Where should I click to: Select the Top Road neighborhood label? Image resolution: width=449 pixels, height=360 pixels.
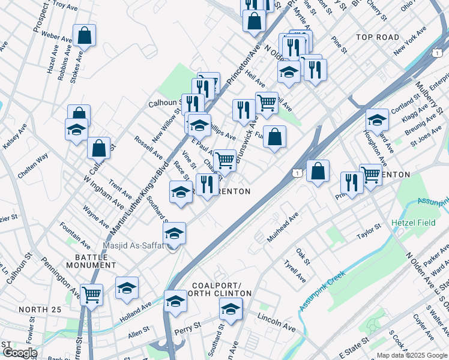(x=378, y=37)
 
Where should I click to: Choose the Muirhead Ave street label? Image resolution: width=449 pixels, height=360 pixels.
(x=283, y=225)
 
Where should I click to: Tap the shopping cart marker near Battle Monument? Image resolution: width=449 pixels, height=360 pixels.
(x=92, y=295)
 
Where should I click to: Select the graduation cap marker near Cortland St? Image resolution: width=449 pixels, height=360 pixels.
(x=377, y=119)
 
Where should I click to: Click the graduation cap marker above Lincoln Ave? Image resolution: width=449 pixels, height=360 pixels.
(x=231, y=309)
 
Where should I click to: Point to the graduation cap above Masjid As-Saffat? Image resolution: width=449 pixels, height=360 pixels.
(x=174, y=233)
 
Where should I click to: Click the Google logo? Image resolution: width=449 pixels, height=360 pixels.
(x=19, y=353)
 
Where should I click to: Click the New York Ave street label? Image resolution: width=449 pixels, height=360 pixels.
(x=410, y=40)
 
